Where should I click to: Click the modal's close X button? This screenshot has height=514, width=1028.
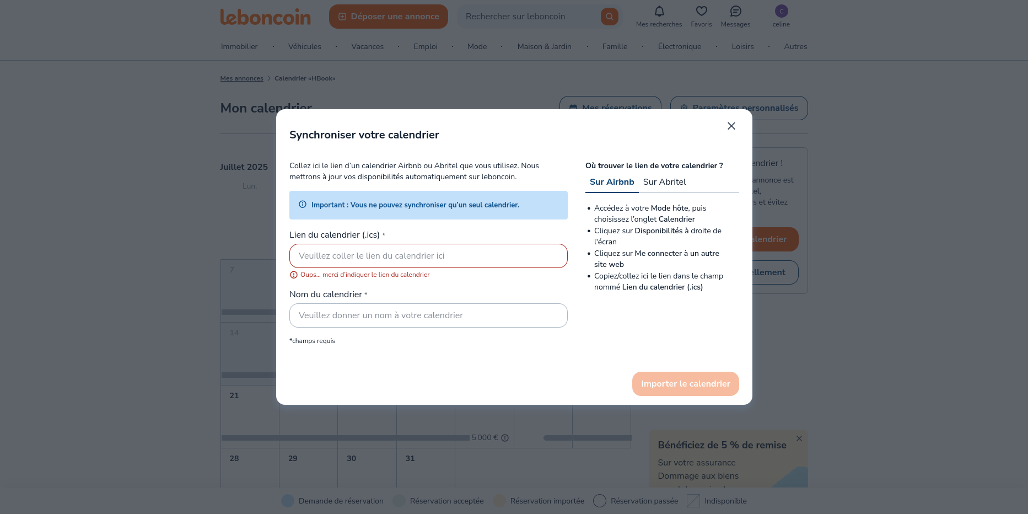[x=731, y=126]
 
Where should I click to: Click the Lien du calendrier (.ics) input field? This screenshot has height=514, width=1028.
[x=428, y=256]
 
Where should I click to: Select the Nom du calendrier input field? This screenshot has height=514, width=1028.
[x=428, y=315]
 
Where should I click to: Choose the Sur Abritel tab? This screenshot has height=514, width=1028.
[x=664, y=182]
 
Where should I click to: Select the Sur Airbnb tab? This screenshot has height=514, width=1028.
[x=612, y=182]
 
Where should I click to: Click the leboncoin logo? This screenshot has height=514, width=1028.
[x=265, y=17]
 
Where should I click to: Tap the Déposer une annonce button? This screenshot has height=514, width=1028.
[x=389, y=17]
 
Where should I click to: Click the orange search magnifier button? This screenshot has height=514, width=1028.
[x=609, y=17]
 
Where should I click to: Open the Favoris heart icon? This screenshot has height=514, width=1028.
[x=701, y=11]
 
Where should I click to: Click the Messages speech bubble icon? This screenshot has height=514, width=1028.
[x=735, y=11]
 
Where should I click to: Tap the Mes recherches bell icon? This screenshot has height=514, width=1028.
[x=659, y=11]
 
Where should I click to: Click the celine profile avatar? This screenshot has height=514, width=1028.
[x=781, y=11]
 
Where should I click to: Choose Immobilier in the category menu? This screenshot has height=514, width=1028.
[x=239, y=46]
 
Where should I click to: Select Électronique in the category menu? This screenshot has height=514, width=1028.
[x=680, y=46]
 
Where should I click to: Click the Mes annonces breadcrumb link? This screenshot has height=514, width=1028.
[x=241, y=78]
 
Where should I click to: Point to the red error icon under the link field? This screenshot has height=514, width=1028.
[x=294, y=275]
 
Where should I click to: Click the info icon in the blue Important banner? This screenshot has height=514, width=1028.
[x=303, y=205]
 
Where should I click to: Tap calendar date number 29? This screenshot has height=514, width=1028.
[x=293, y=458]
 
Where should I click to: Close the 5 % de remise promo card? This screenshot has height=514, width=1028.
[x=799, y=438]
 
